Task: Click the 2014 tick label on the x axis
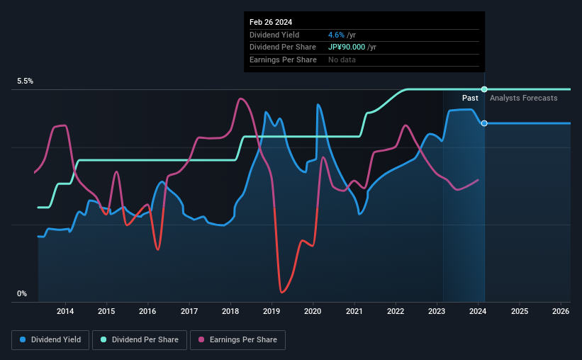65,311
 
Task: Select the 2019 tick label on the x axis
272,311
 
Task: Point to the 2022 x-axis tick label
396,311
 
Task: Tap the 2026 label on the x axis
561,311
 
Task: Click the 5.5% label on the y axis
26,81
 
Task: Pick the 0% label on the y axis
22,293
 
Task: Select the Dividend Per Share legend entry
140,340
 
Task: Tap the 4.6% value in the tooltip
336,35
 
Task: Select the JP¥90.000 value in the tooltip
347,47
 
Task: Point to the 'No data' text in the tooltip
342,60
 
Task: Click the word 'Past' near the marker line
470,98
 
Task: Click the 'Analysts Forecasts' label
523,98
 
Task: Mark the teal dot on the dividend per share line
484,89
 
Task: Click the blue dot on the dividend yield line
484,123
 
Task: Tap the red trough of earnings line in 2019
282,291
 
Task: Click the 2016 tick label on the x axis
147,311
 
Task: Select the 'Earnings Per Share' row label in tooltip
283,60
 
